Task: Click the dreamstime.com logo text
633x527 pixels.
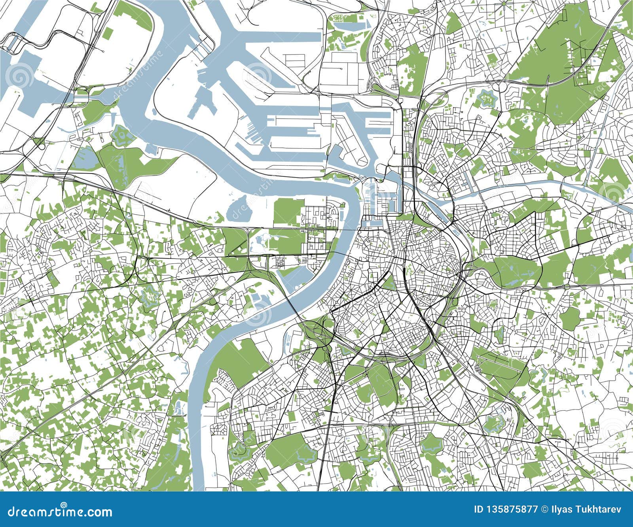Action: [x=56, y=512]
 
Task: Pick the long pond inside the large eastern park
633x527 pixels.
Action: [x=514, y=283]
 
